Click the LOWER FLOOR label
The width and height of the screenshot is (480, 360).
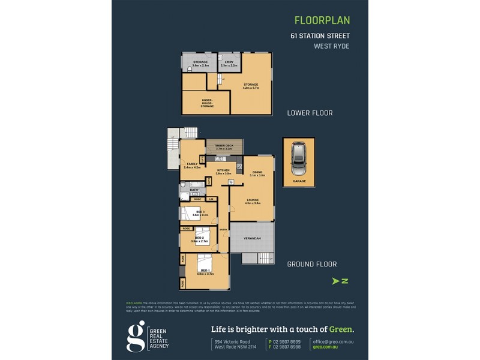[310, 113]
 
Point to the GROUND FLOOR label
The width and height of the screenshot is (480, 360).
[311, 264]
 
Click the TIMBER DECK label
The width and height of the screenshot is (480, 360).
[223, 146]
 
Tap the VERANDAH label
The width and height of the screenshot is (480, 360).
[252, 239]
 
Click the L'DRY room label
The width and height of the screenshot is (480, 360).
[229, 64]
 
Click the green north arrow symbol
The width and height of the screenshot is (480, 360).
[340, 280]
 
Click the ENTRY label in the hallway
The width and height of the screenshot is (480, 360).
[223, 229]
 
